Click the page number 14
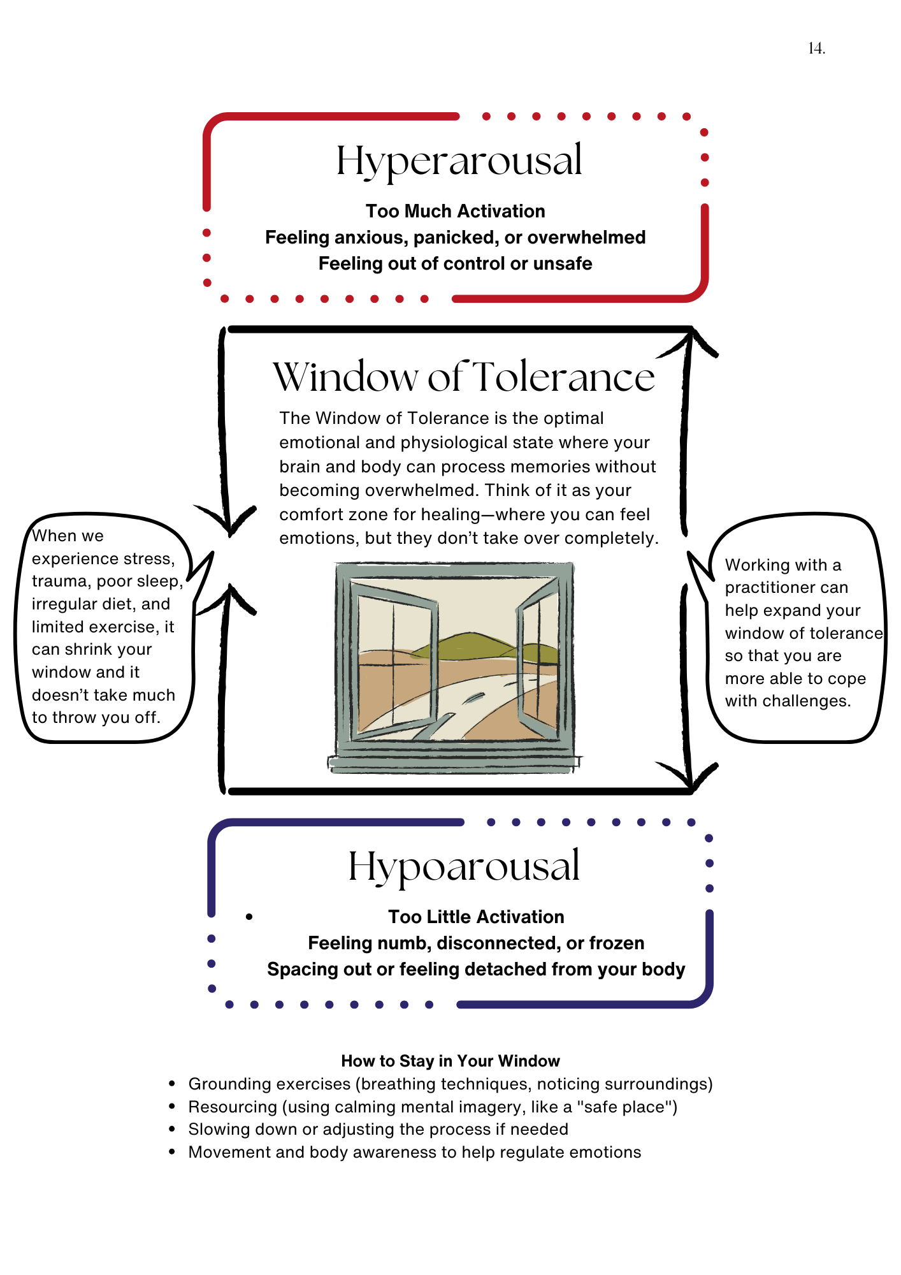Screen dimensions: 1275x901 click(x=816, y=48)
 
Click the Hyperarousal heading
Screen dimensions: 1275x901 click(x=459, y=161)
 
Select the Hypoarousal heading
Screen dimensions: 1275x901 click(x=464, y=867)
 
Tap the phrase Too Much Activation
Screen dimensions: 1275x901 click(x=455, y=211)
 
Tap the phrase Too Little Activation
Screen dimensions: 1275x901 click(x=476, y=917)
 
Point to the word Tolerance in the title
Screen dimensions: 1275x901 click(x=565, y=377)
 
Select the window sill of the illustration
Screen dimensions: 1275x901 click(x=454, y=763)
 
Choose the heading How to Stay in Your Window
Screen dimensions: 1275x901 click(x=450, y=1061)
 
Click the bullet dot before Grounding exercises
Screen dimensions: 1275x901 click(x=172, y=1084)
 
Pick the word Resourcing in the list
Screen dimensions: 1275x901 click(x=233, y=1107)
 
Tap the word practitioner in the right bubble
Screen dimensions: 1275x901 click(x=786, y=588)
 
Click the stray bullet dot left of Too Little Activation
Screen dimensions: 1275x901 click(x=249, y=917)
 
